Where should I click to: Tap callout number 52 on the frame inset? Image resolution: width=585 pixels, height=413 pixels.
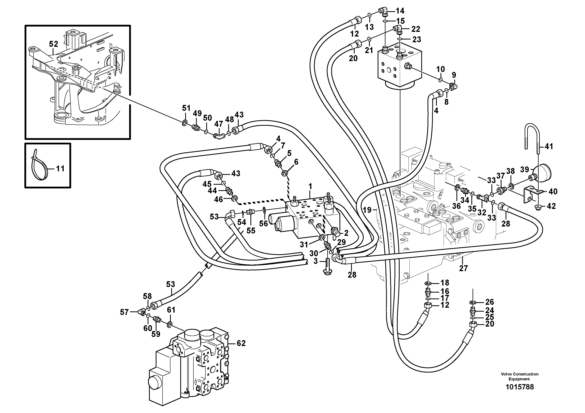tap(53, 44)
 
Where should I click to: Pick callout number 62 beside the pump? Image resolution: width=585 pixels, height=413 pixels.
tap(241, 343)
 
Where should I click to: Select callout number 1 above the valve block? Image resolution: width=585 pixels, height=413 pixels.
tap(310, 187)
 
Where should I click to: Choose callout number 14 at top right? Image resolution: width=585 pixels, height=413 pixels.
tap(400, 11)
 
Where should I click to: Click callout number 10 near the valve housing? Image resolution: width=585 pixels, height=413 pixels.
tap(440, 69)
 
